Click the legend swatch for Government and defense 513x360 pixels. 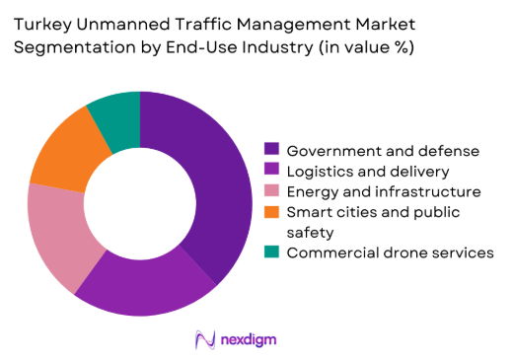(x=270, y=150)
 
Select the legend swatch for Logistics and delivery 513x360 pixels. (x=270, y=171)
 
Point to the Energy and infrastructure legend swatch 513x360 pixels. (x=270, y=191)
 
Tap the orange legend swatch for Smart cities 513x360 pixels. (x=270, y=212)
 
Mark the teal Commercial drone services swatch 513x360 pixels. (x=270, y=252)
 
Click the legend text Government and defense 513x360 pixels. (x=383, y=150)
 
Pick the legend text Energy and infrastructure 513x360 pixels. (x=383, y=191)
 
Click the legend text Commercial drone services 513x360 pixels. (x=390, y=252)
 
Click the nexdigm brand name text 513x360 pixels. (x=248, y=339)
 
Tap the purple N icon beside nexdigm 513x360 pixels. (x=206, y=339)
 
